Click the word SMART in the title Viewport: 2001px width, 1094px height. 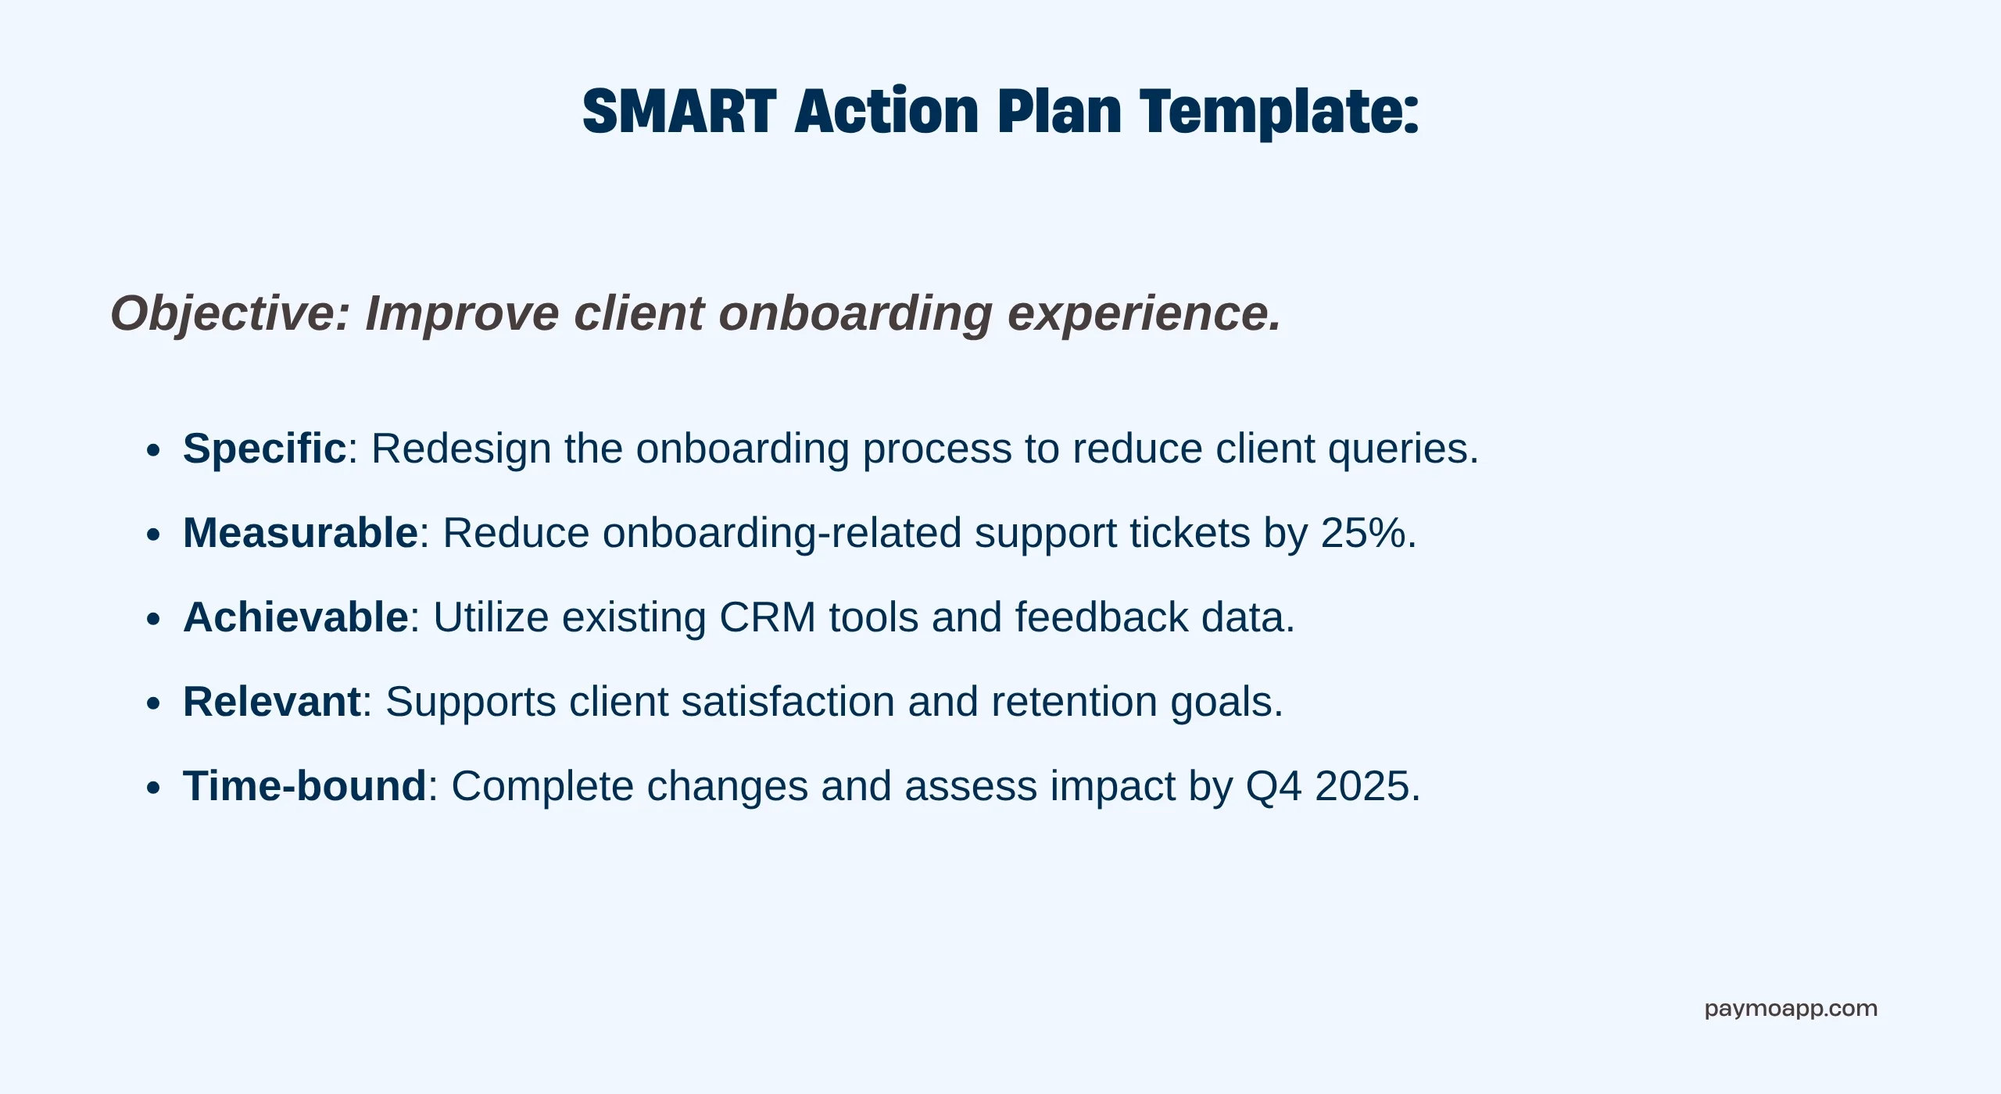(679, 111)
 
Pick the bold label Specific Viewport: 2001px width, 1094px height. (264, 449)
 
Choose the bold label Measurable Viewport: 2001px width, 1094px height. (301, 533)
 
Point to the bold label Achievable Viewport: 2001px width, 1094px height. (295, 617)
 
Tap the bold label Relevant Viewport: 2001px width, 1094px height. (272, 702)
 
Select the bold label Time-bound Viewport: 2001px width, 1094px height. (305, 786)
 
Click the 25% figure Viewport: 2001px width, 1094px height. (1364, 533)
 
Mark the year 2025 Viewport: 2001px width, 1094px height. (1362, 786)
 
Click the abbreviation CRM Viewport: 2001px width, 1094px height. (768, 617)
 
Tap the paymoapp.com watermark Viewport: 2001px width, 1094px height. (1791, 1010)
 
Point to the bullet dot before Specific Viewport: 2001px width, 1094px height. (153, 451)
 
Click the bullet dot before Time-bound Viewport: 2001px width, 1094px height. (153, 788)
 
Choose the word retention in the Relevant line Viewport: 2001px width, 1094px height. (1074, 702)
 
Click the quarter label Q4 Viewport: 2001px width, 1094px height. (1274, 786)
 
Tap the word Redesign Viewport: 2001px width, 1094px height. (461, 449)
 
